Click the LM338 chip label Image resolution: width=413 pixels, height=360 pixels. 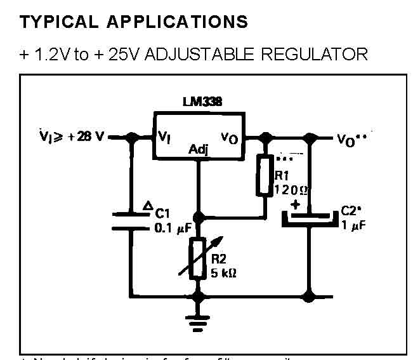[197, 102]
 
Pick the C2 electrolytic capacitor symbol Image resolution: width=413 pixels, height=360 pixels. [310, 218]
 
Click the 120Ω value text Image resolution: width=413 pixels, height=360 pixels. [291, 189]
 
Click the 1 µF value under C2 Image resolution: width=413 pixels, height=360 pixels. [353, 225]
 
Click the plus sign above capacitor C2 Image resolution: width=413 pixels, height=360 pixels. [295, 204]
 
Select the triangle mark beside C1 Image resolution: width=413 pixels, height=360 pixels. [147, 205]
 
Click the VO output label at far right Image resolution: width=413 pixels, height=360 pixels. [349, 138]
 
